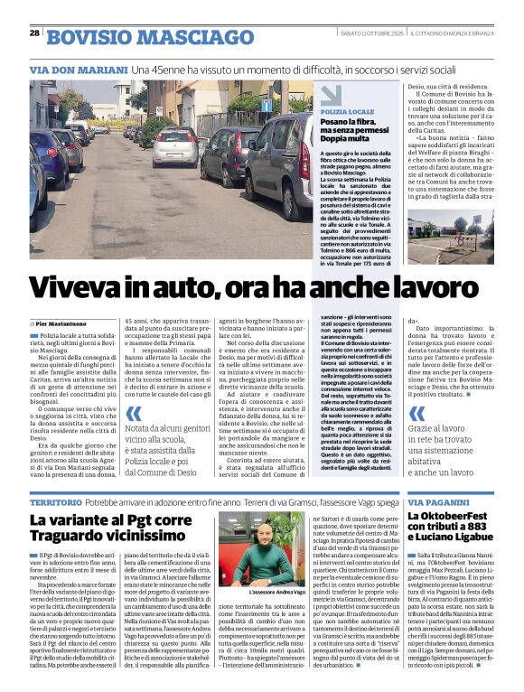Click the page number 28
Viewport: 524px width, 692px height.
33,33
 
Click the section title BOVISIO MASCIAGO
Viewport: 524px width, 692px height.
124,36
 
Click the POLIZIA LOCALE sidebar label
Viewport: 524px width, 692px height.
347,110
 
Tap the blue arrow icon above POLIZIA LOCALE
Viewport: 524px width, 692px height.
331,93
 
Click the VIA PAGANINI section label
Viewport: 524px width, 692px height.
440,500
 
